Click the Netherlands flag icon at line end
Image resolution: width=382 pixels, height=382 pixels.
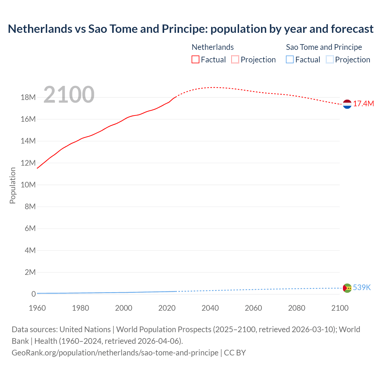[347, 104]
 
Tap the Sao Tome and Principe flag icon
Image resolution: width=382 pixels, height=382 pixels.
[347, 288]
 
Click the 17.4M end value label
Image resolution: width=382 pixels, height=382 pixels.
[363, 104]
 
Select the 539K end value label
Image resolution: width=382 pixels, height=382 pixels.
[362, 287]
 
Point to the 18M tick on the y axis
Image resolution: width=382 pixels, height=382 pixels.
[28, 97]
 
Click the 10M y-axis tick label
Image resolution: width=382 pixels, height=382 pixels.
[28, 185]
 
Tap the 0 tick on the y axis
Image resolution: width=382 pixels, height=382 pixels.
[33, 294]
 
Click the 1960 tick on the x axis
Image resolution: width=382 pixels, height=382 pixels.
[37, 308]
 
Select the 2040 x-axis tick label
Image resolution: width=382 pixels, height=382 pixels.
[210, 308]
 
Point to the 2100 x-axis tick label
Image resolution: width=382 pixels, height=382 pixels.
[340, 308]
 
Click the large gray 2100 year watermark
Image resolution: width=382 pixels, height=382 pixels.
[69, 95]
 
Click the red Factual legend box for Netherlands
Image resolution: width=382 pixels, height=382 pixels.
[195, 60]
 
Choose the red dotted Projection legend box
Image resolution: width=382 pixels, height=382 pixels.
[235, 60]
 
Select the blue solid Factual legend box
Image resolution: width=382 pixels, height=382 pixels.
[290, 60]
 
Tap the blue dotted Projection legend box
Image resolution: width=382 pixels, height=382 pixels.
[329, 60]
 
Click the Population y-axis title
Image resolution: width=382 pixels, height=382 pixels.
[13, 185]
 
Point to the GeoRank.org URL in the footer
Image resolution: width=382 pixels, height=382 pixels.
[115, 352]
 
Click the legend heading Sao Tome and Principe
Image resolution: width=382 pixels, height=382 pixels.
[324, 47]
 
